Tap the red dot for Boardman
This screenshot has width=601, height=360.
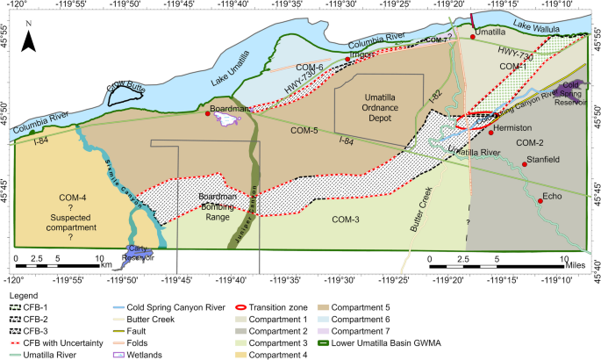(208, 114)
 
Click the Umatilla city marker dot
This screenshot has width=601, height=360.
(473, 37)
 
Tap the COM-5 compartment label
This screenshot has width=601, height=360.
(303, 131)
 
